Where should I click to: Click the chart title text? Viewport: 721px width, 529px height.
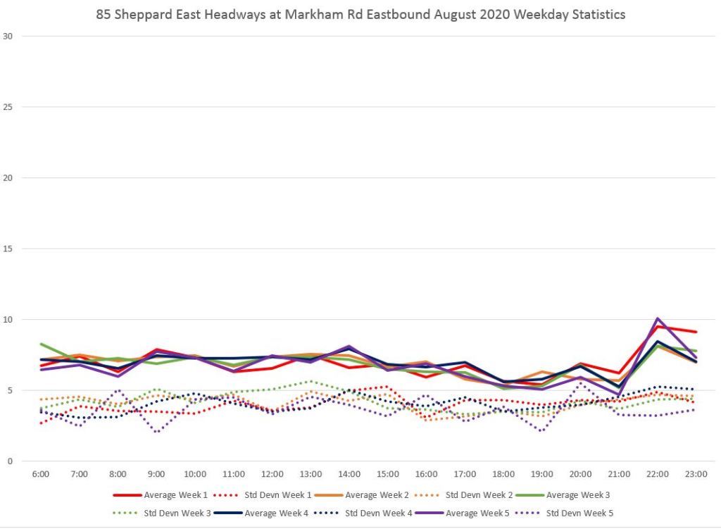360,13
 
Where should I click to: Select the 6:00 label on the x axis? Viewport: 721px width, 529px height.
41,474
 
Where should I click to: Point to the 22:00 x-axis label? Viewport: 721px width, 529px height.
658,474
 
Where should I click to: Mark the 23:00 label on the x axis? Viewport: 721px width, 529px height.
696,474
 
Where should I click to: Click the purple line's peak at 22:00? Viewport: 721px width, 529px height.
658,318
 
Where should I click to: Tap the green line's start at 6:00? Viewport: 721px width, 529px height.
41,344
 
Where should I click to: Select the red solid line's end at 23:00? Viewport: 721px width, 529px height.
696,332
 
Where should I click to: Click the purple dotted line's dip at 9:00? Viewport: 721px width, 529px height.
156,431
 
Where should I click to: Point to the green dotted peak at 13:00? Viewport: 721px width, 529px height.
311,381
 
